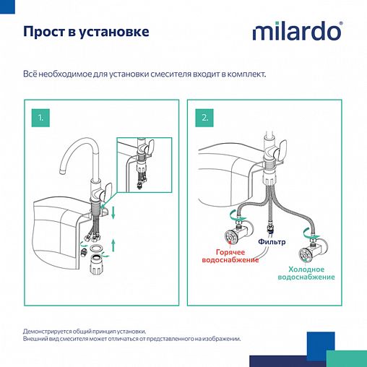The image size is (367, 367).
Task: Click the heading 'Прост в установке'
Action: point(87,33)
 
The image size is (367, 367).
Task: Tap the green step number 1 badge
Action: point(41,116)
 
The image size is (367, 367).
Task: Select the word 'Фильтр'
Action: point(272,242)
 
